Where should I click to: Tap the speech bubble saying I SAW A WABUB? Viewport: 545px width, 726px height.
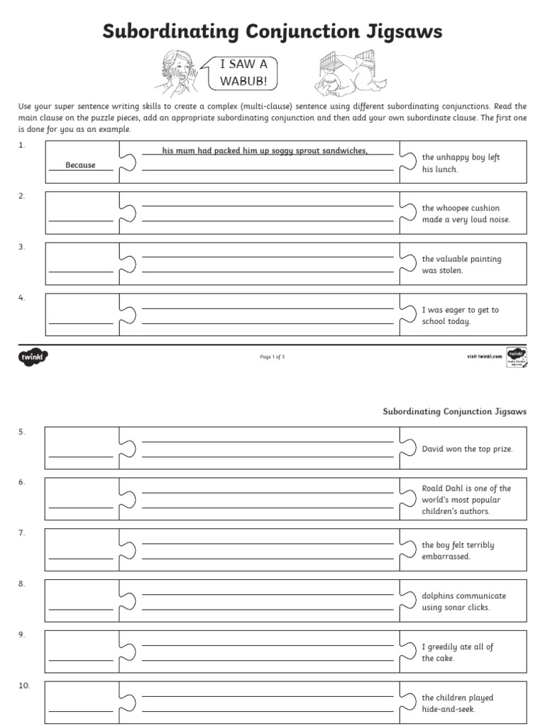tap(243, 73)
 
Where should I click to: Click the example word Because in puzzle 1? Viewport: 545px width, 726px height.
tap(80, 165)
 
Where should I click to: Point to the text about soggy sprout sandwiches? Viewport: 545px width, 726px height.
tap(265, 150)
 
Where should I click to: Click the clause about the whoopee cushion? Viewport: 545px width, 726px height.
tap(466, 213)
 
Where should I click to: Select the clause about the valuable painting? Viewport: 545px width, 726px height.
tap(461, 264)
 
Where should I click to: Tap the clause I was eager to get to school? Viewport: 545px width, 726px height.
tap(460, 315)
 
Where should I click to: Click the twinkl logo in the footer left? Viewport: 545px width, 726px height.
tap(33, 357)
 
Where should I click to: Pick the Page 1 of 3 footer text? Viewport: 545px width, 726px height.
tap(272, 357)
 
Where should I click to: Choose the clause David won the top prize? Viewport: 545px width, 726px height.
tap(467, 449)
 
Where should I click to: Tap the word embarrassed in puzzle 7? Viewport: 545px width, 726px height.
tap(446, 557)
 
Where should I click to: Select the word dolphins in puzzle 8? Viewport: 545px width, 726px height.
tap(438, 596)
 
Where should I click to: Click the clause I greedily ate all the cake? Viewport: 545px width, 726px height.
tap(457, 652)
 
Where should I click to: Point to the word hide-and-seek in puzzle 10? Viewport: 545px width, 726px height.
tap(448, 709)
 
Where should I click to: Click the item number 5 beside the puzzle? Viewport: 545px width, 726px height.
tap(22, 431)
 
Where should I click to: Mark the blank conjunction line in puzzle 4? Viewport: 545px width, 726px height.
tap(80, 323)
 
